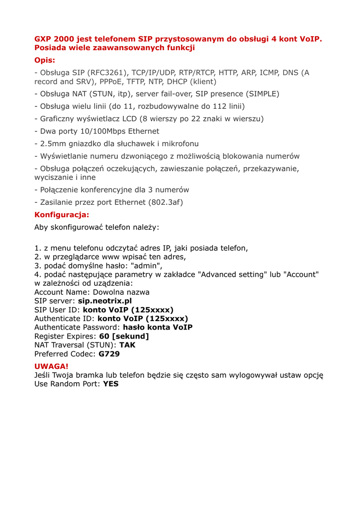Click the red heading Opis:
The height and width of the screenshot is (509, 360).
[45, 61]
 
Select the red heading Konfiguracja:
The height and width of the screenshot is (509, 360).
[62, 215]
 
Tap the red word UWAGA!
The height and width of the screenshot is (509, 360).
[51, 366]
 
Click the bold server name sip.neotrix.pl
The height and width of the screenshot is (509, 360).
[105, 301]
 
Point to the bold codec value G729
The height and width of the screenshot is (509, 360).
[109, 354]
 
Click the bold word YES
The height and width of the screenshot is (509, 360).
[110, 384]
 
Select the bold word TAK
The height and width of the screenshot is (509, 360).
[127, 344]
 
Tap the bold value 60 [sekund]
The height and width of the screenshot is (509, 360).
[124, 336]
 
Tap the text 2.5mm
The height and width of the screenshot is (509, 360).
[48, 144]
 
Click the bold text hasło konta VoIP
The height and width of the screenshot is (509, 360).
[158, 327]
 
